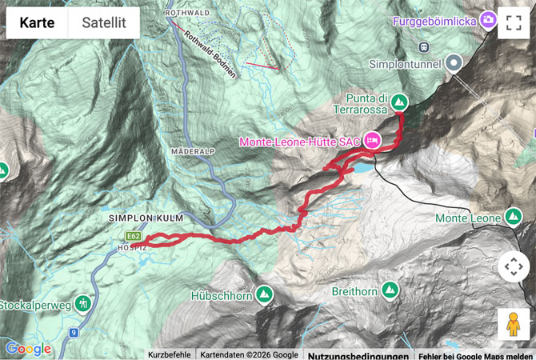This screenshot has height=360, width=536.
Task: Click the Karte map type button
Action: [x=38, y=22]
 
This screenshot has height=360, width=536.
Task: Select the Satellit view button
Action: [x=104, y=22]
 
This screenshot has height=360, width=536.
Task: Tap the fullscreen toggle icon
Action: [x=513, y=22]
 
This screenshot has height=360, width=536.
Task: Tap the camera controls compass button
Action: [x=513, y=267]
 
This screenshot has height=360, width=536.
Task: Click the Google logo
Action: [x=28, y=349]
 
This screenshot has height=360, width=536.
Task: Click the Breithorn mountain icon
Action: [x=390, y=290]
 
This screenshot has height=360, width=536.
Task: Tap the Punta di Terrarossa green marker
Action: [x=401, y=102]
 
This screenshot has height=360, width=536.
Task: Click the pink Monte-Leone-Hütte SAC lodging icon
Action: [x=372, y=141]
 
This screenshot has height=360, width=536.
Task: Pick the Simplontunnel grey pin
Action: [x=454, y=62]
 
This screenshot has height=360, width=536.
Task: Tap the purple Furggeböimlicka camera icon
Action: [x=488, y=21]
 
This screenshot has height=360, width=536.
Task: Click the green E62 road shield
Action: [x=133, y=236]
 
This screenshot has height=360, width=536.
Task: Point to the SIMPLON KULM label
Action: [x=145, y=218]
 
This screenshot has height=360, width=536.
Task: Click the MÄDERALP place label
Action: [x=190, y=150]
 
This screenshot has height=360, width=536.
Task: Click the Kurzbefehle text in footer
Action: [x=170, y=354]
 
